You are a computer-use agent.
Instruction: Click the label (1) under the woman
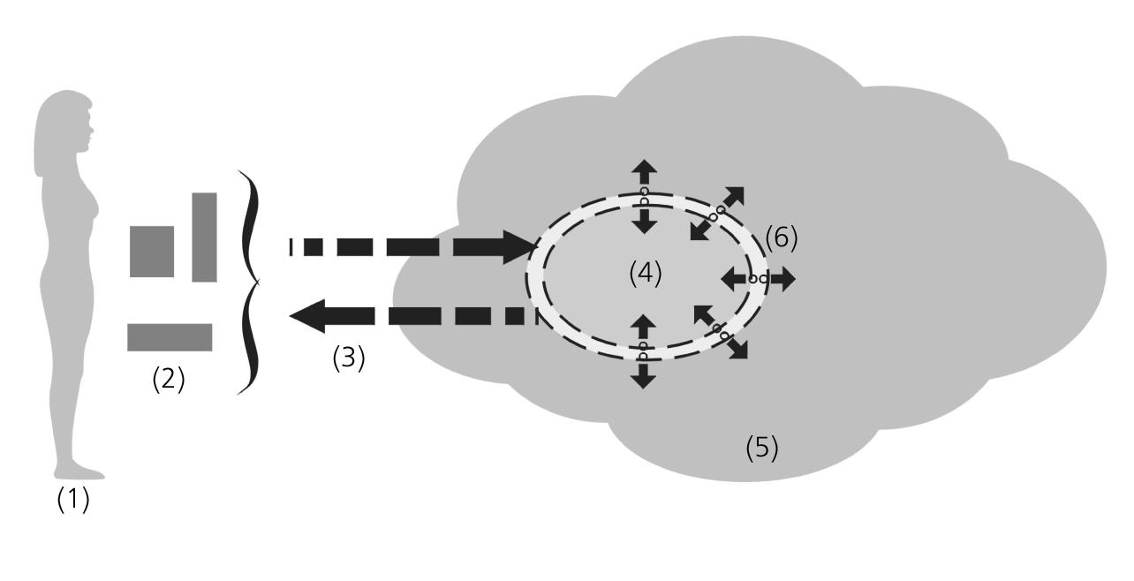click(x=73, y=500)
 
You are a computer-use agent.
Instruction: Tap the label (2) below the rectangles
click(x=169, y=379)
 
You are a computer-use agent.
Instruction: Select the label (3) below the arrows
click(x=348, y=358)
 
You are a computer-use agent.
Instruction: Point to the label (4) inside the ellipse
click(x=646, y=274)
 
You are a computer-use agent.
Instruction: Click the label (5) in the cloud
click(x=762, y=448)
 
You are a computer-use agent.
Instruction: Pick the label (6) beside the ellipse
click(x=781, y=238)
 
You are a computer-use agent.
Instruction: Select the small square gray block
click(x=152, y=252)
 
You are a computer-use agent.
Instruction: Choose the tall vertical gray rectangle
click(x=204, y=237)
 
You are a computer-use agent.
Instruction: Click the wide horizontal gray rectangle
click(x=170, y=337)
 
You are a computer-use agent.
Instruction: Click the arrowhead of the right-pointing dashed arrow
click(x=521, y=246)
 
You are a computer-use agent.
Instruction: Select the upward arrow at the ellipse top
click(x=644, y=171)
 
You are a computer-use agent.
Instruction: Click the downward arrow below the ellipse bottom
click(x=644, y=374)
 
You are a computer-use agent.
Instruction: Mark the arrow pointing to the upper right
click(x=732, y=199)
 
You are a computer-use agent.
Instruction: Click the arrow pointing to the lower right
click(x=735, y=346)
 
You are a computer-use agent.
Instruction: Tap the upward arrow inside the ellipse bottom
click(x=644, y=326)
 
